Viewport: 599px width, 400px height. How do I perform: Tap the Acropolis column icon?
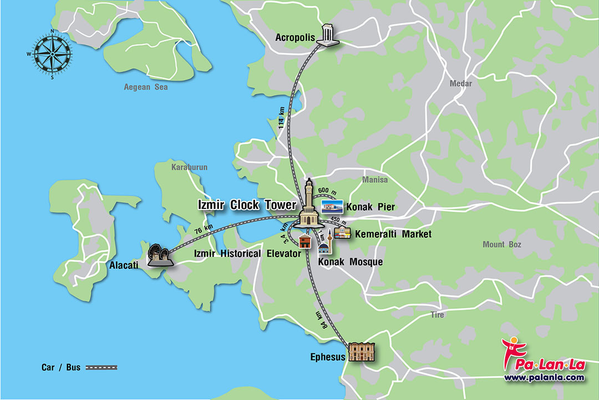click(328, 35)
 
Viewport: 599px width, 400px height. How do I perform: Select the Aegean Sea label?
click(146, 87)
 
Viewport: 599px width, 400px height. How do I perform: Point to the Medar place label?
click(461, 84)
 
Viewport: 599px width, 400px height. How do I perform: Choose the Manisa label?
click(375, 180)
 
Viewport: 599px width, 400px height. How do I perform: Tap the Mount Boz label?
click(501, 244)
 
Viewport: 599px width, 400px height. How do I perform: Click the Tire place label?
click(438, 315)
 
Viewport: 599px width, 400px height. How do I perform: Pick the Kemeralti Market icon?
click(342, 234)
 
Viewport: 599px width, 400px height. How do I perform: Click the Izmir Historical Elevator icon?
click(304, 242)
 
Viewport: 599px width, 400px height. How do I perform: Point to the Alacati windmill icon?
click(158, 254)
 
